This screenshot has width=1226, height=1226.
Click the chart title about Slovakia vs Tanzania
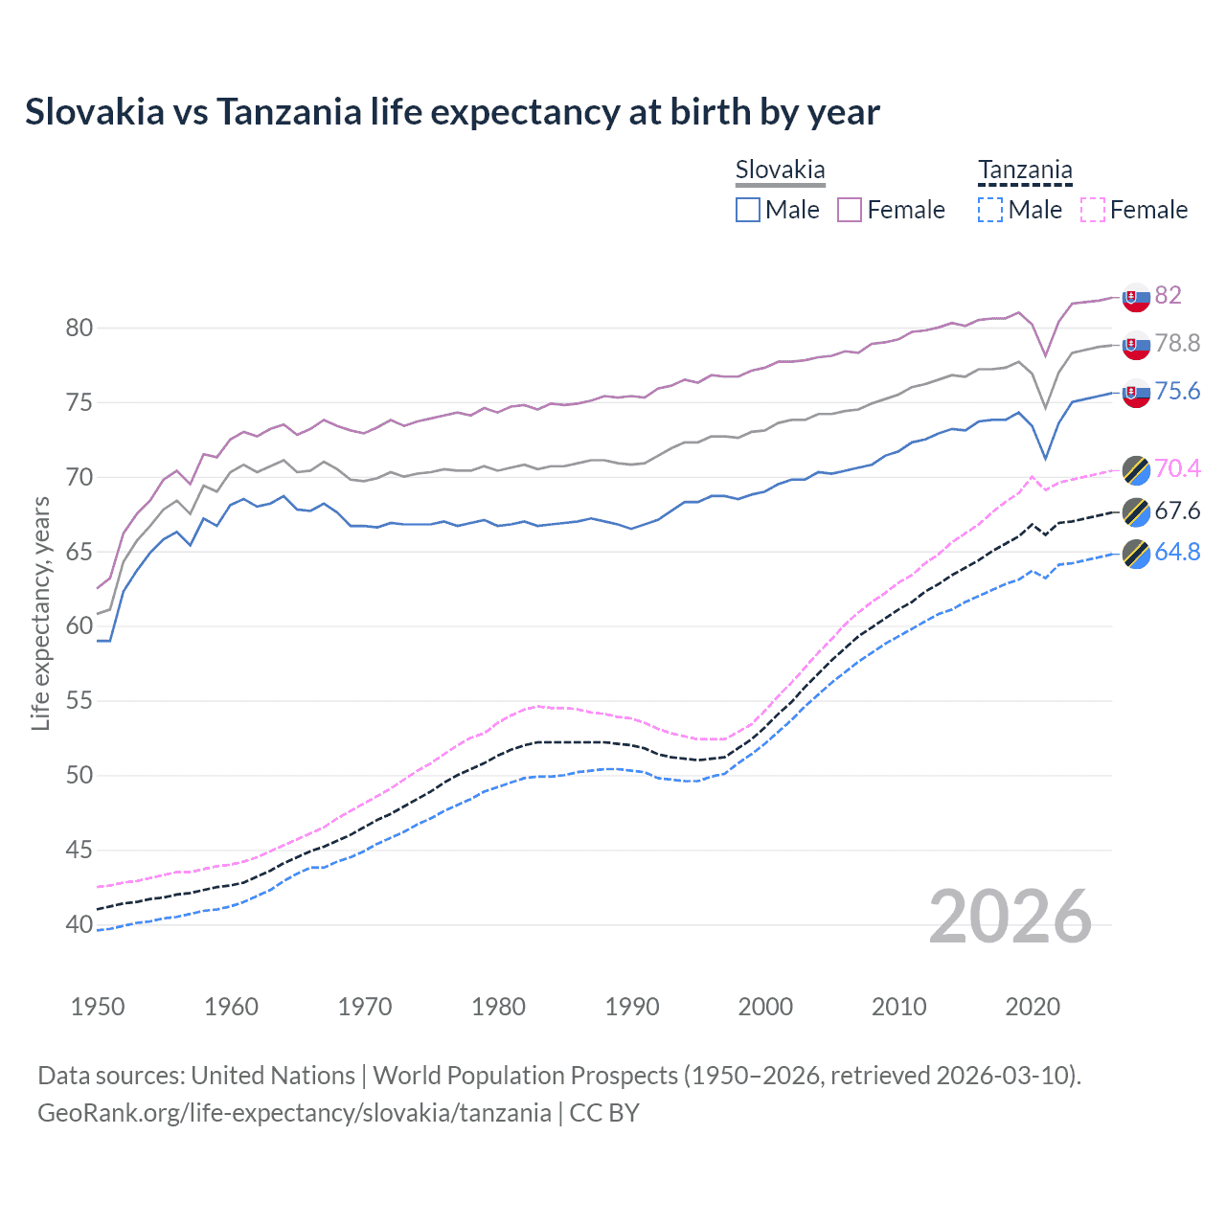pos(452,112)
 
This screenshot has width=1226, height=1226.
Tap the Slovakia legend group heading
pos(780,170)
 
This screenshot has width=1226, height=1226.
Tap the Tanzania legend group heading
pos(1025,170)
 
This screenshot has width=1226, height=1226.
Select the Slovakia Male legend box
pos(748,210)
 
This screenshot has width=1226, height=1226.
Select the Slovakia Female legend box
pos(850,210)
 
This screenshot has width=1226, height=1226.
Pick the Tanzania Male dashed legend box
pos(990,210)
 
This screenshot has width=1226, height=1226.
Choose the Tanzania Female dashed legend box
pos(1093,210)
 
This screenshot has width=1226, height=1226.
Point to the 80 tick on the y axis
pos(79,328)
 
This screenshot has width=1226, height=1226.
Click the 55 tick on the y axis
pos(79,700)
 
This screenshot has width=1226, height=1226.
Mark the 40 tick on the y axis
pos(79,924)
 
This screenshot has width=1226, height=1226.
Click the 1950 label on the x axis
pos(98,1007)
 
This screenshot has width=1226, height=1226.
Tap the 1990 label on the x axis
pos(632,1007)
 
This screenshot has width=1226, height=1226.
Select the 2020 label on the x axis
pos(1033,1007)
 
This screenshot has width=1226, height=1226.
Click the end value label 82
pos(1168,295)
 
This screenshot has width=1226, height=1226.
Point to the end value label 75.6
pos(1176,392)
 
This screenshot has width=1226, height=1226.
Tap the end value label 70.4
pos(1176,468)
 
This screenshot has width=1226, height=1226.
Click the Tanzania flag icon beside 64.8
pos(1136,554)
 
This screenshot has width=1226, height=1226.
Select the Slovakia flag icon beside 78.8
pos(1136,345)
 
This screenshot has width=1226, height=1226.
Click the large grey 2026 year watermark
pos(1010,917)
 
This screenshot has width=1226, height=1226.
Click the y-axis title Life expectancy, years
pos(40,613)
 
